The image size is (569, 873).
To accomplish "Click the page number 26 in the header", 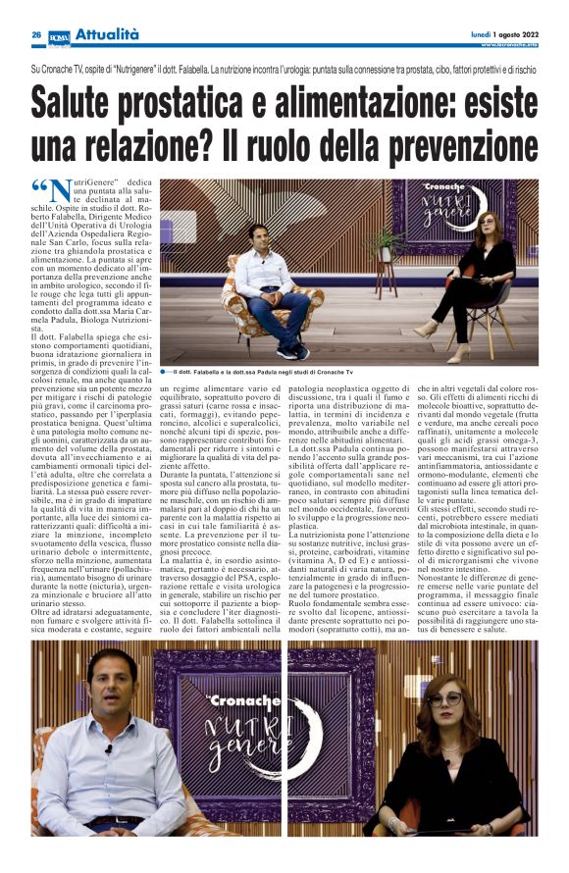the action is click(35, 34).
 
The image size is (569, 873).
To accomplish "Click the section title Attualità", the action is click(107, 34).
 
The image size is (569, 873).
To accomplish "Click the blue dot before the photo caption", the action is click(166, 372).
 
